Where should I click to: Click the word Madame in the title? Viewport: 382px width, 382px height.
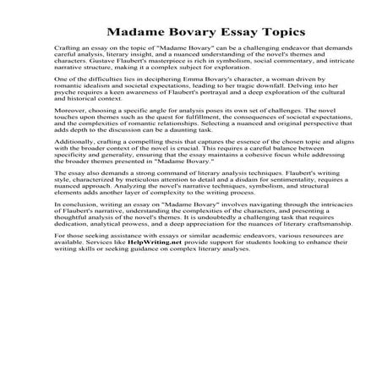point(137,32)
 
